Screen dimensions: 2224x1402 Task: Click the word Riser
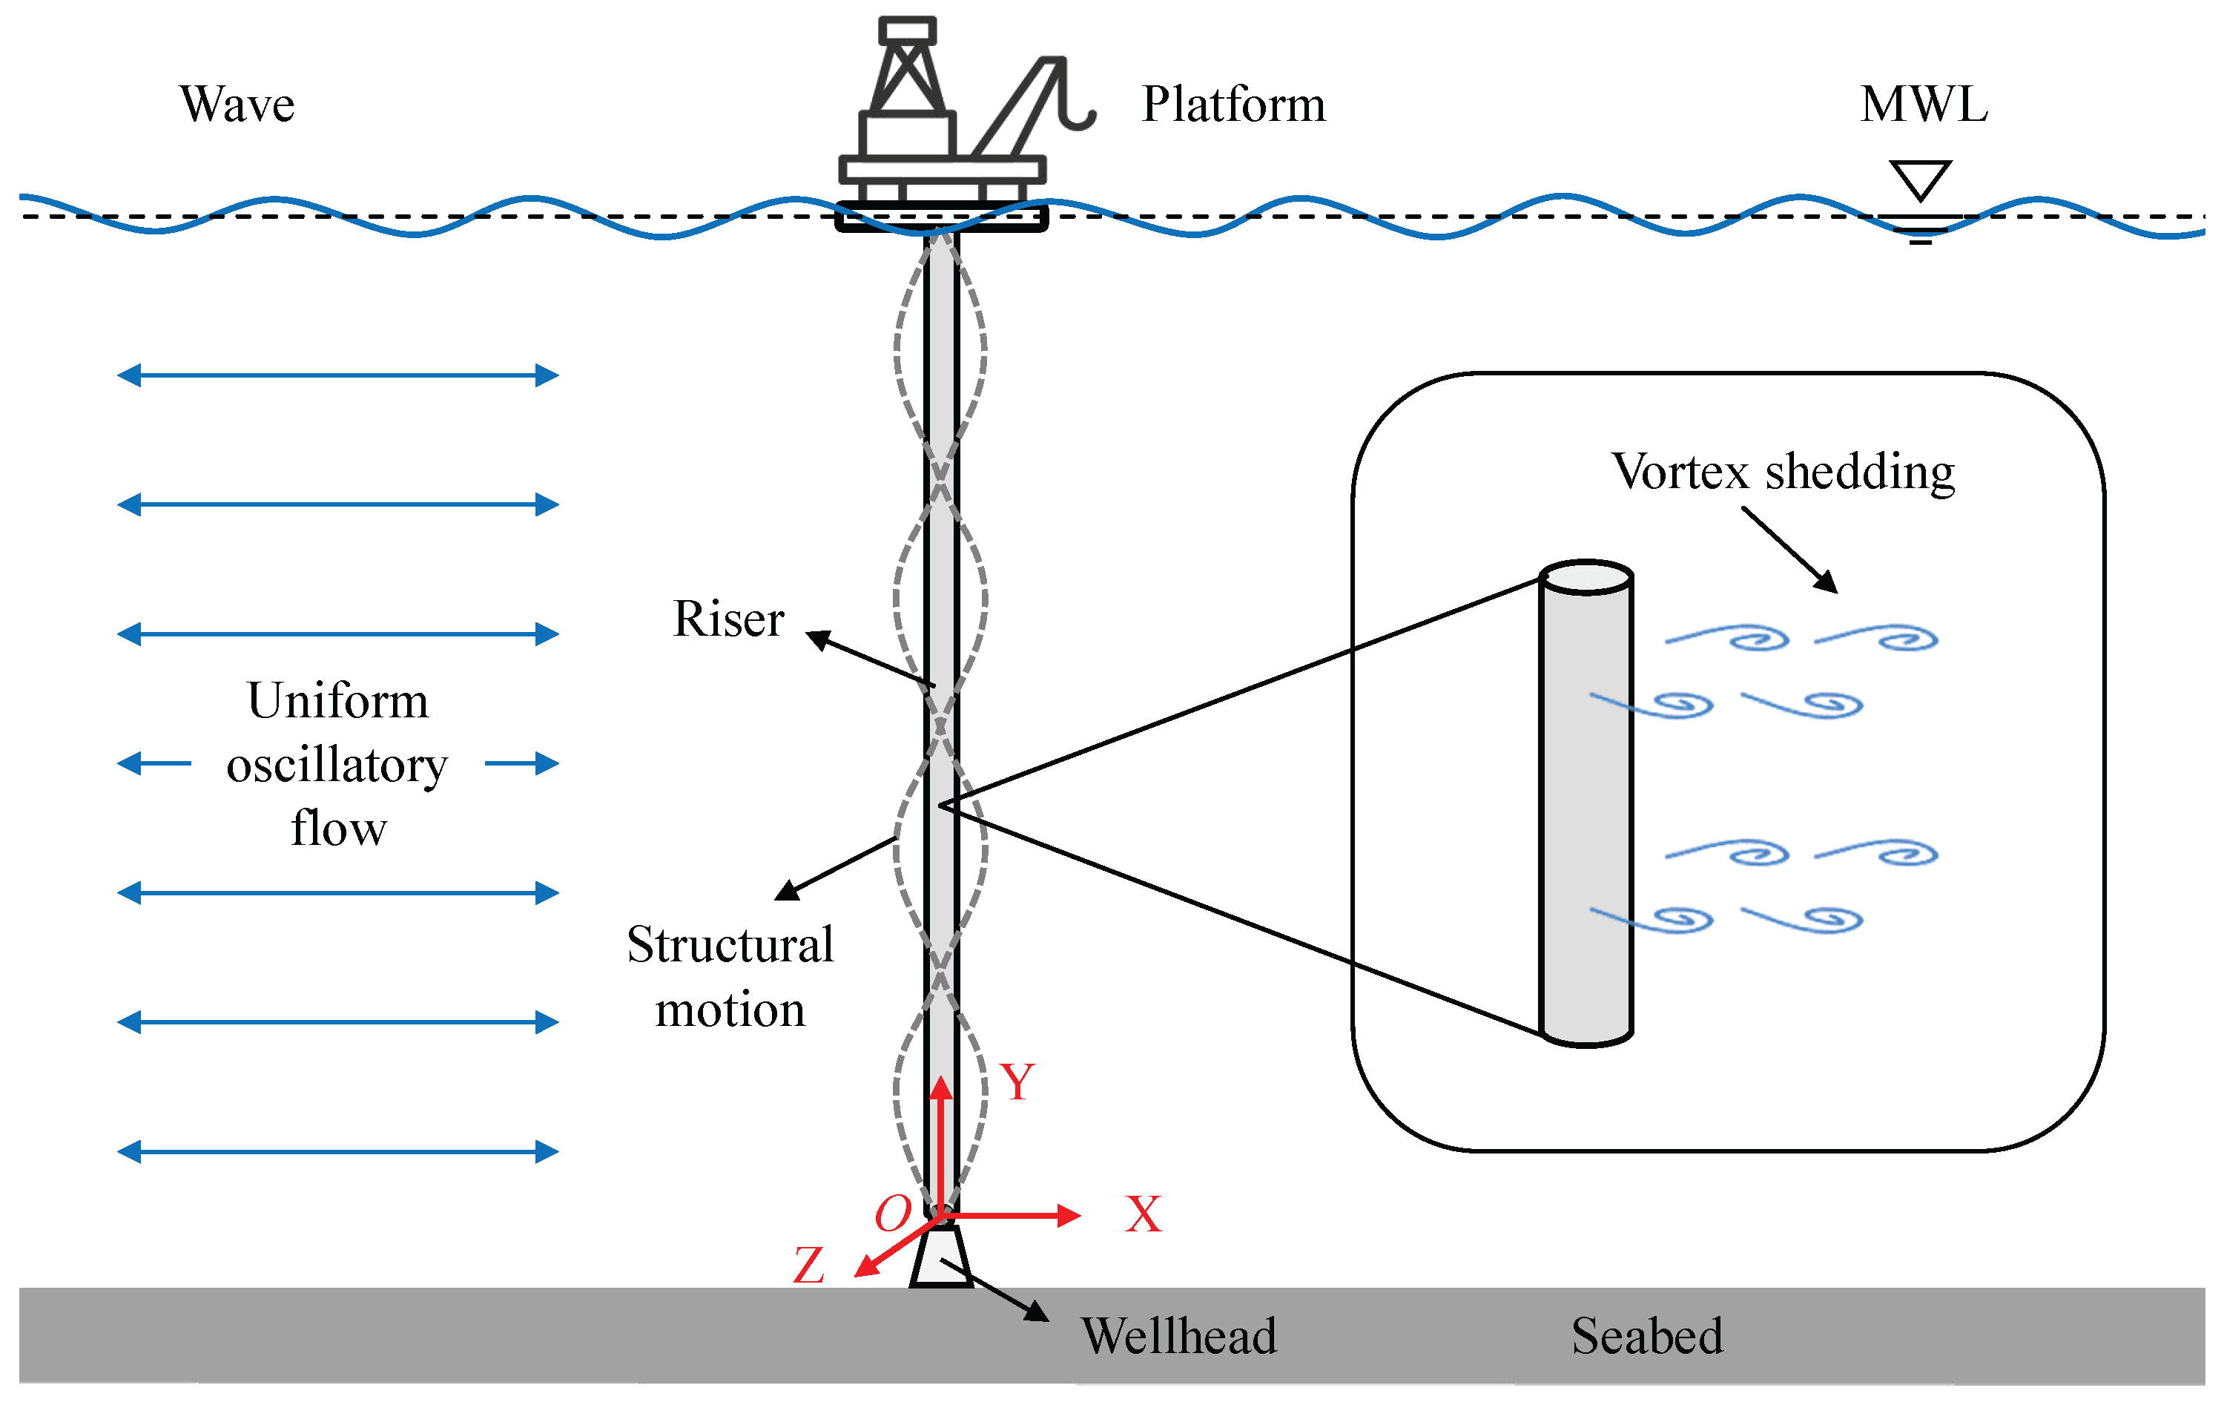pos(729,618)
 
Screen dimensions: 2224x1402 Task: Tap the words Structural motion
pos(730,976)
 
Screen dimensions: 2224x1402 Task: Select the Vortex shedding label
pos(1784,472)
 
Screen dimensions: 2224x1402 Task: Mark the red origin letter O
pos(893,1214)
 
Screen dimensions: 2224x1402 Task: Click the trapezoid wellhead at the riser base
pos(941,1256)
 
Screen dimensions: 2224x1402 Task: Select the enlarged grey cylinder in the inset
pos(1587,803)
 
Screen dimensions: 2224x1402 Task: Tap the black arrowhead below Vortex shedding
pos(1826,582)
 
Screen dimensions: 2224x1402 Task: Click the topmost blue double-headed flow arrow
pos(338,375)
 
